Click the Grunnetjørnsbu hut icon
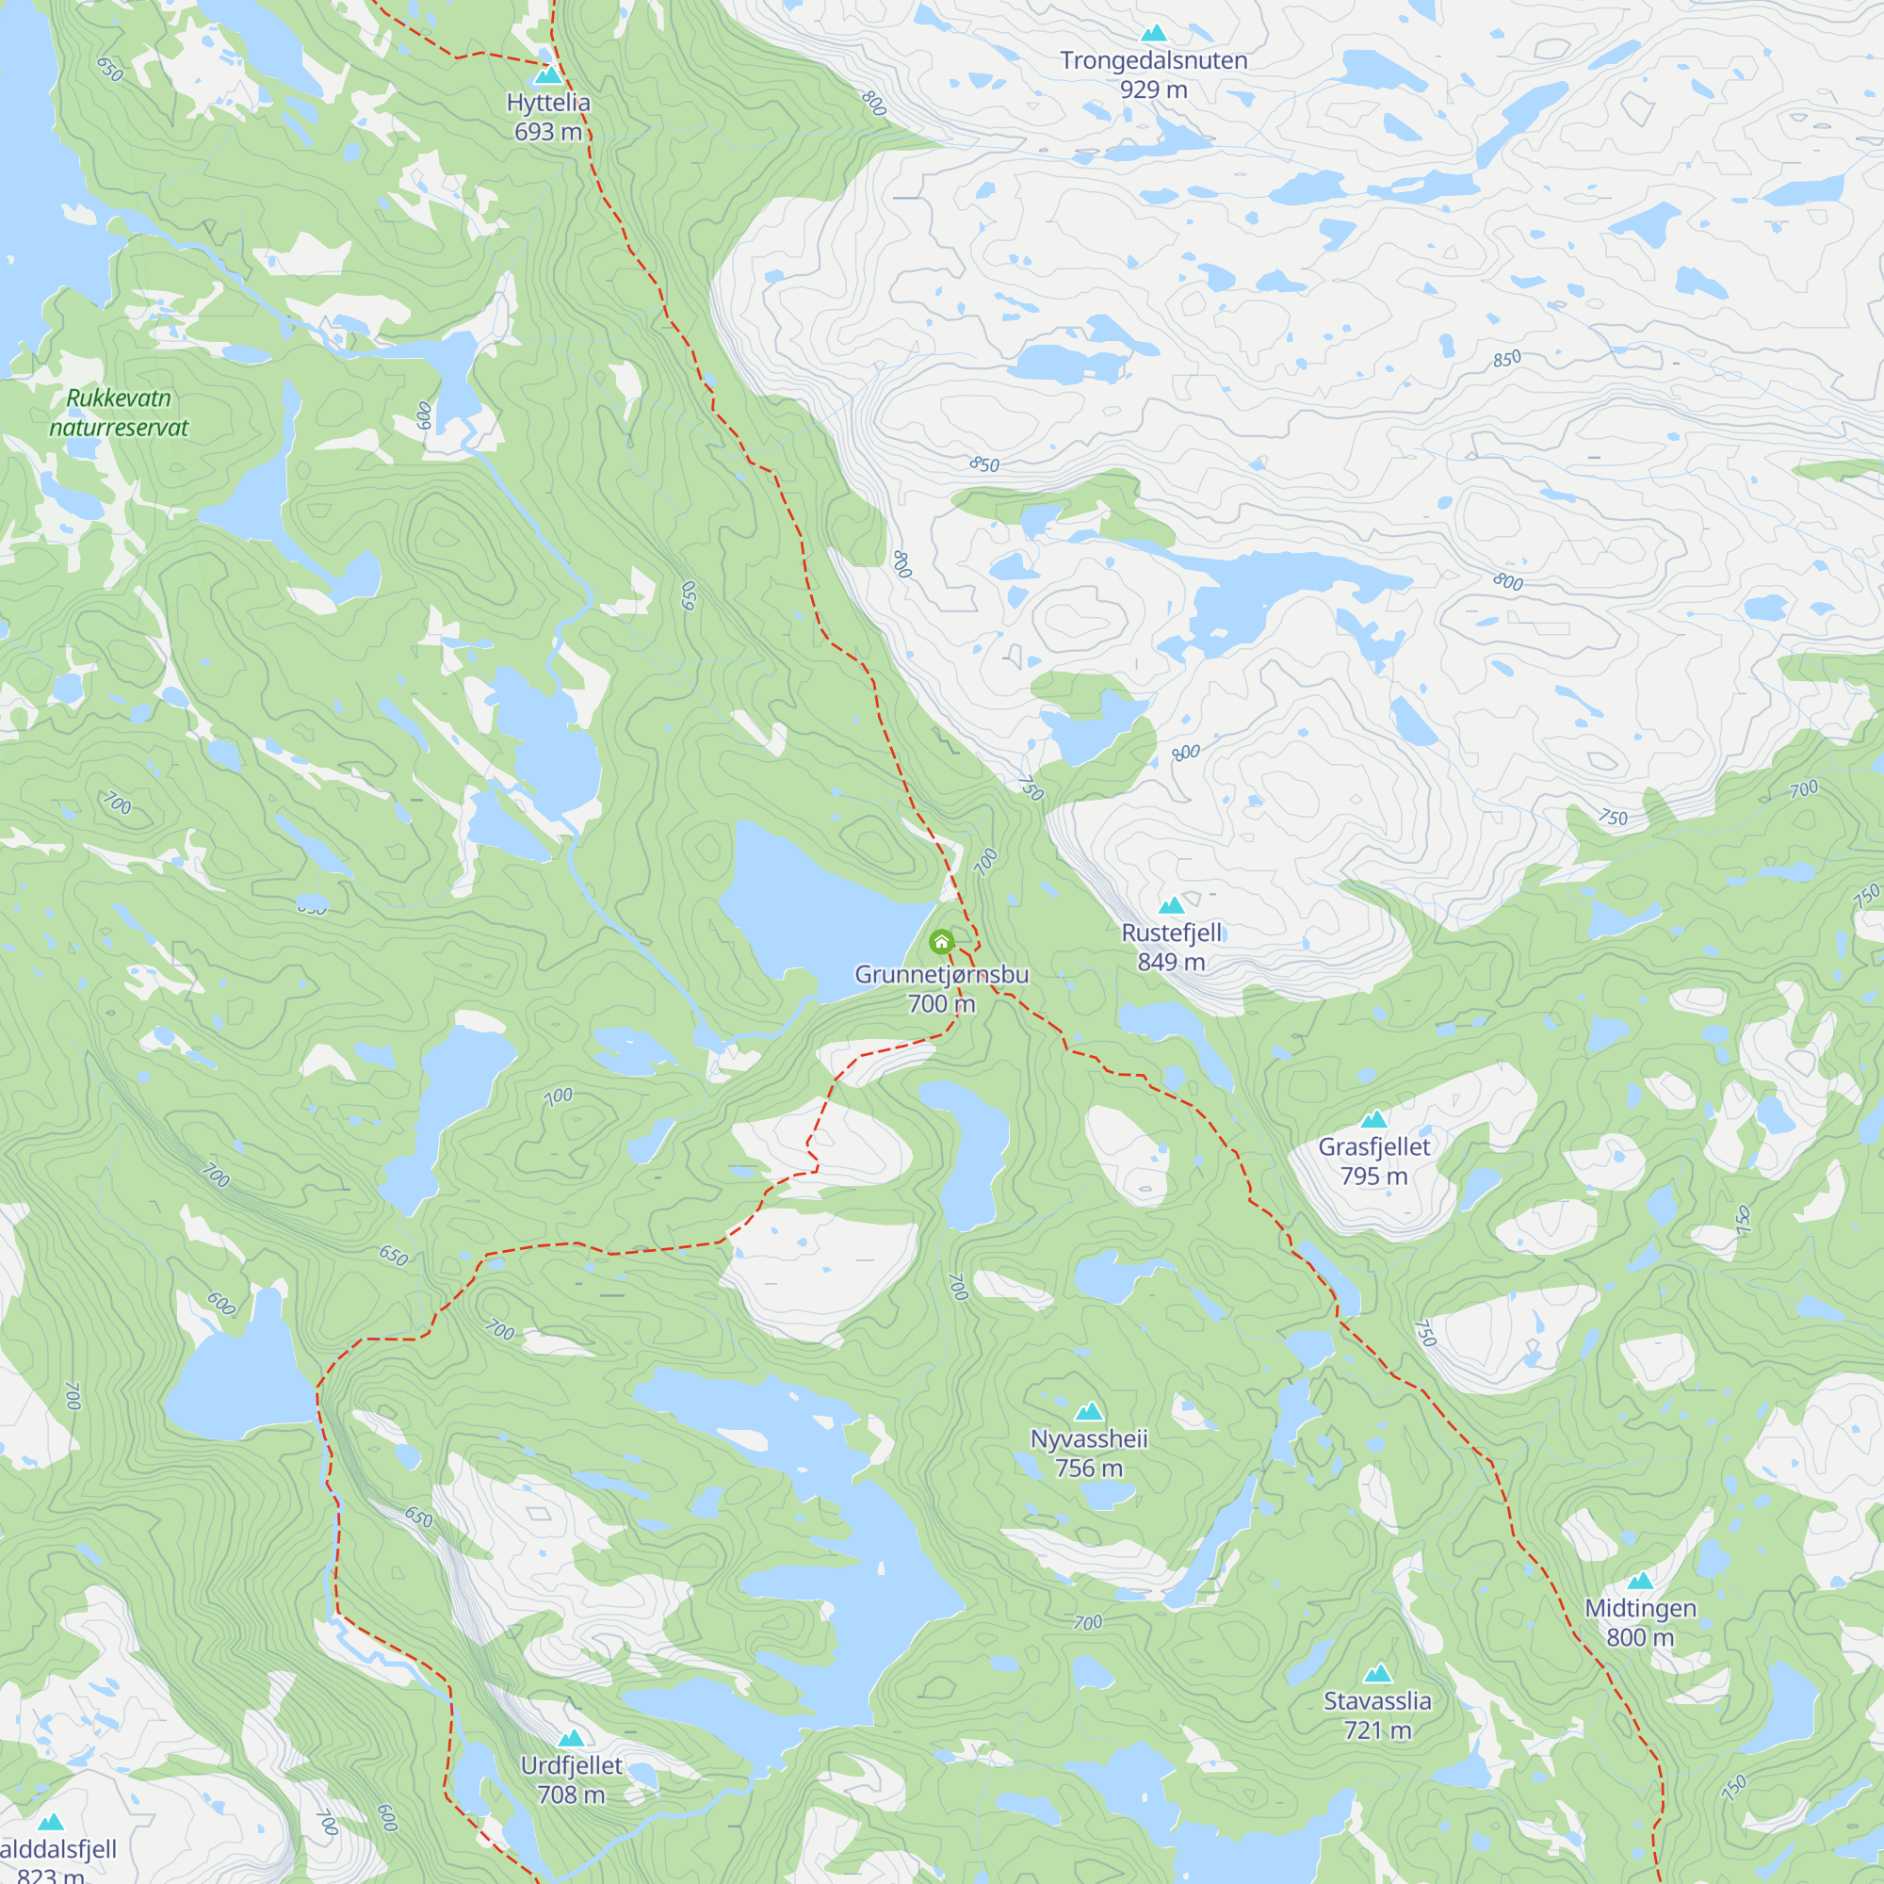point(941,941)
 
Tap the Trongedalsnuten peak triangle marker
point(1154,33)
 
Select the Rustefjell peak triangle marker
point(1171,905)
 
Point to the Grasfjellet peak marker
point(1374,1118)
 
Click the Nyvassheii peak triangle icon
point(1089,1411)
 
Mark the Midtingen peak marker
point(1640,1581)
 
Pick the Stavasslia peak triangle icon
point(1378,1673)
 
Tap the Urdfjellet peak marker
point(572,1738)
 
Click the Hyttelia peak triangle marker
point(548,75)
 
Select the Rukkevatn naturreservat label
point(119,413)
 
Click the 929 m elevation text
point(1154,89)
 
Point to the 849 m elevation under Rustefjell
point(1171,963)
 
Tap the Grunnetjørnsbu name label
point(941,974)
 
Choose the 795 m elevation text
point(1374,1176)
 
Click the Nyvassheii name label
point(1089,1439)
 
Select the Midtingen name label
point(1640,1609)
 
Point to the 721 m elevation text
point(1378,1730)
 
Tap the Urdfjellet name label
point(572,1766)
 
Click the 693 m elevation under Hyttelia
point(548,132)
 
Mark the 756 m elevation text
point(1089,1469)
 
